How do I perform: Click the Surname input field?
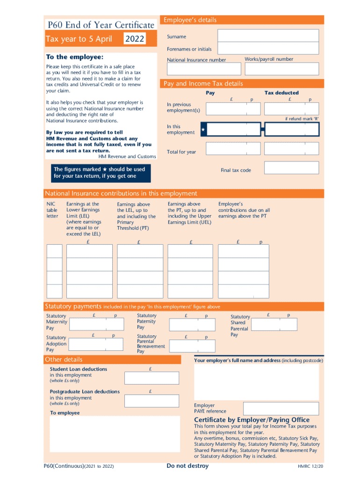coord(268,36)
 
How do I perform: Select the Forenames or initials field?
coord(268,49)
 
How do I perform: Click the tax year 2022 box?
coord(134,39)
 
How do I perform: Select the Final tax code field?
coord(291,168)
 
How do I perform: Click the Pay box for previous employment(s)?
coord(233,109)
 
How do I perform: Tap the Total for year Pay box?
coord(233,149)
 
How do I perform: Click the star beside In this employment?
coord(203,129)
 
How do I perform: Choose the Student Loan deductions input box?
coord(151,378)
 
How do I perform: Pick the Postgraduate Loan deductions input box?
coord(151,400)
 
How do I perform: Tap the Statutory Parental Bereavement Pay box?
coord(192,346)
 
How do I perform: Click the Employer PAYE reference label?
coord(204,408)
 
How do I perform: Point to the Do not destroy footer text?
coord(187,466)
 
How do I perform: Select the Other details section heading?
coord(64,359)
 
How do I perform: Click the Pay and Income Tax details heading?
coord(202,84)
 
